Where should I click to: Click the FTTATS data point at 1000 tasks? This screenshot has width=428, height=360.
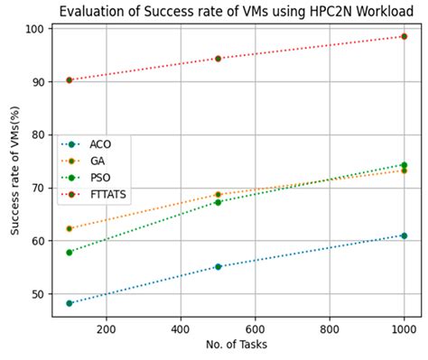pyautogui.click(x=404, y=36)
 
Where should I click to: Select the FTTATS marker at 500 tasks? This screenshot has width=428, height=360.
pyautogui.click(x=218, y=58)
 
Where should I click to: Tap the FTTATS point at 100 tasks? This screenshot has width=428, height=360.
pyautogui.click(x=70, y=80)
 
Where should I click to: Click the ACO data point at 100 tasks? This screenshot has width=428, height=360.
pyautogui.click(x=70, y=303)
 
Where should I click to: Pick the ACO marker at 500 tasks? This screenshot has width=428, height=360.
pyautogui.click(x=218, y=266)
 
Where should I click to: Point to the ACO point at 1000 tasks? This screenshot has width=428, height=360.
pyautogui.click(x=404, y=235)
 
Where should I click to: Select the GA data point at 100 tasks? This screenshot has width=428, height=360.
pyautogui.click(x=70, y=228)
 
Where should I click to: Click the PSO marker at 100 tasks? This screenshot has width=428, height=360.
pyautogui.click(x=70, y=252)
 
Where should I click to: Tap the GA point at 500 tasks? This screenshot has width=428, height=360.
pyautogui.click(x=218, y=194)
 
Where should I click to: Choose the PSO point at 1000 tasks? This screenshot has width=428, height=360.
pyautogui.click(x=404, y=165)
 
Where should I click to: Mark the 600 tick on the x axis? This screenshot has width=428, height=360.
pyautogui.click(x=256, y=329)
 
